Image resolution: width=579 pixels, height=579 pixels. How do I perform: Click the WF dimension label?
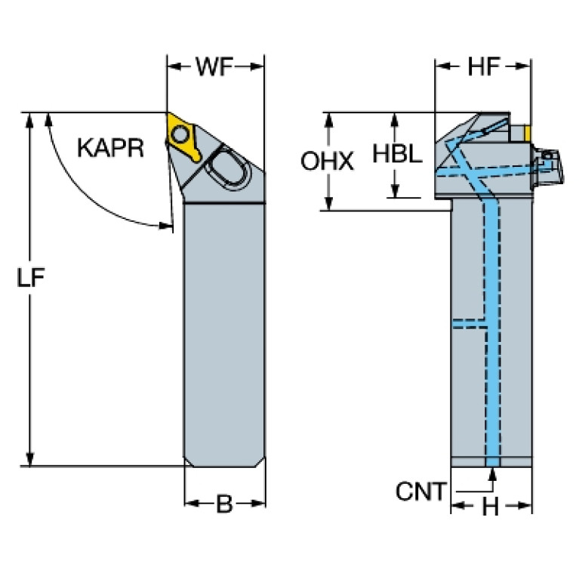pyautogui.click(x=214, y=67)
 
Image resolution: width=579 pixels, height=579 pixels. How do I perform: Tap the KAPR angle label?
pyautogui.click(x=110, y=148)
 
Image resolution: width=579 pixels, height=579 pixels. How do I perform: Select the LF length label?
pyautogui.click(x=31, y=277)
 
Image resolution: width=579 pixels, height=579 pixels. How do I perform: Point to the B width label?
pyautogui.click(x=224, y=504)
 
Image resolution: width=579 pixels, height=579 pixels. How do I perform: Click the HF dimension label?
pyautogui.click(x=484, y=67)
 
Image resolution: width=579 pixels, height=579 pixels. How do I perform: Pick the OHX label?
pyautogui.click(x=327, y=162)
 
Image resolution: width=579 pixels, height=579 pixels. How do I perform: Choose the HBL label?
pyautogui.click(x=397, y=153)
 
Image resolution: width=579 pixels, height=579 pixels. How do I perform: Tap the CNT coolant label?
pyautogui.click(x=421, y=491)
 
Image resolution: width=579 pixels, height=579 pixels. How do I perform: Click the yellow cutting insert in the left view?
pyautogui.click(x=181, y=137)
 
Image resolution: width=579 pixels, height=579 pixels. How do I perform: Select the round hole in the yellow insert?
pyautogui.click(x=180, y=134)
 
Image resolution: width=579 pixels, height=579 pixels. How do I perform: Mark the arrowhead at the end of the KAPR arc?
pyautogui.click(x=166, y=225)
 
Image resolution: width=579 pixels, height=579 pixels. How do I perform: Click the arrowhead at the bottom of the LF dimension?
pyautogui.click(x=30, y=459)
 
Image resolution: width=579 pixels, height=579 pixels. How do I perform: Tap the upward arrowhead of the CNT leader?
pyautogui.click(x=493, y=474)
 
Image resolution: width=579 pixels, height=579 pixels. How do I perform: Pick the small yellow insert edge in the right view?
pyautogui.click(x=528, y=134)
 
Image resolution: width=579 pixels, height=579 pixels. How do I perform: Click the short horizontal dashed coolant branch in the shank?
pyautogui.click(x=470, y=324)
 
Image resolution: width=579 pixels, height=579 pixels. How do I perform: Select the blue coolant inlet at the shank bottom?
pyautogui.click(x=493, y=462)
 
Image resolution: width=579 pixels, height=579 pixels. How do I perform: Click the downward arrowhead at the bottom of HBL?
pyautogui.click(x=395, y=190)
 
